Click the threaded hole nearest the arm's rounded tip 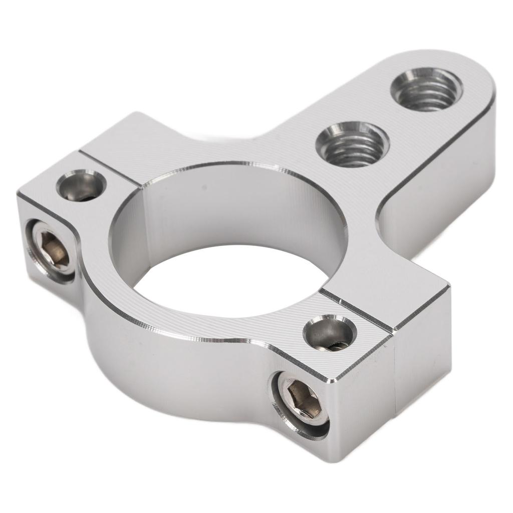[x=426, y=90]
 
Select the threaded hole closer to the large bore [x=352, y=144]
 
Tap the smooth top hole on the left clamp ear [x=81, y=185]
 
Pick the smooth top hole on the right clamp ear [x=330, y=333]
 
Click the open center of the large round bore [x=230, y=281]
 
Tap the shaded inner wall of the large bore [x=240, y=210]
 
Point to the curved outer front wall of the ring [x=165, y=371]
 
